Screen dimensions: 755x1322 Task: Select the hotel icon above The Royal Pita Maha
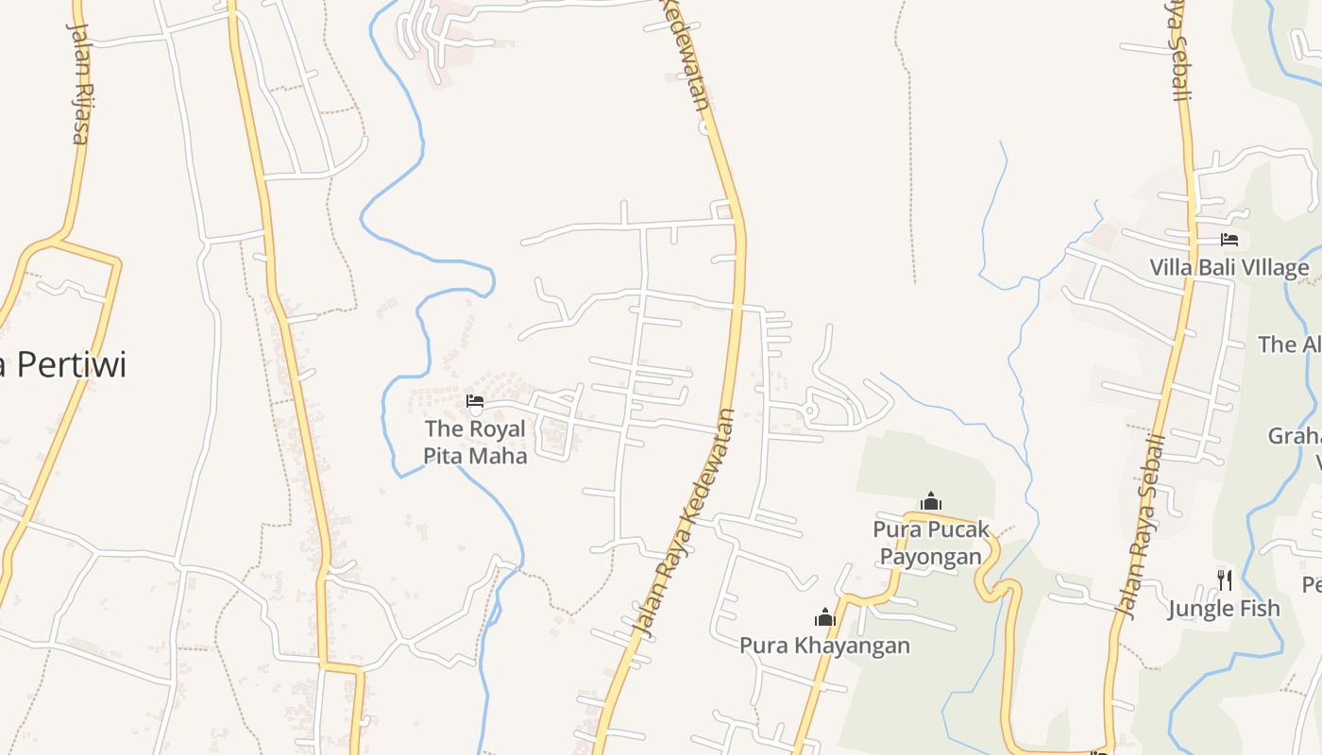(x=475, y=402)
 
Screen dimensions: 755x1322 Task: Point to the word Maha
(x=501, y=455)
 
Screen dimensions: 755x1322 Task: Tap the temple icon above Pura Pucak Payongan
(x=931, y=501)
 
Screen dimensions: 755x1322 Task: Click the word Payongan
(x=931, y=556)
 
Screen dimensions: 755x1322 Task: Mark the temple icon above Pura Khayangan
(x=825, y=618)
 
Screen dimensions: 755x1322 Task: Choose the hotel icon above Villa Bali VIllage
(x=1229, y=240)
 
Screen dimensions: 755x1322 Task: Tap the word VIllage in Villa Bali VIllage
(x=1271, y=268)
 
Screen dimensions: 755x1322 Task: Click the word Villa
(x=1171, y=268)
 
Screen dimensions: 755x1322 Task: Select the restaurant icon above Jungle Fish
(x=1224, y=579)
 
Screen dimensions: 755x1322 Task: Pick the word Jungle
(x=1203, y=609)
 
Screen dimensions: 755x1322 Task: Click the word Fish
(x=1261, y=609)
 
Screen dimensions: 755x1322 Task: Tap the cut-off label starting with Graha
(x=1295, y=437)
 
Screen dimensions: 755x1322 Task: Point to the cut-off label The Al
(x=1290, y=344)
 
